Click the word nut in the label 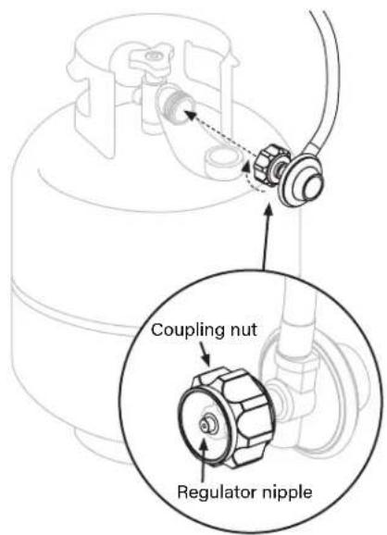tap(244, 330)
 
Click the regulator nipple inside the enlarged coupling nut tap(206, 424)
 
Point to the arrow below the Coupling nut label tap(206, 355)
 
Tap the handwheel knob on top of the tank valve tap(149, 57)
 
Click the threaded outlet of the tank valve tap(178, 106)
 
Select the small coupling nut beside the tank tap(269, 165)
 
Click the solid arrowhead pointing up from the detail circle tap(268, 209)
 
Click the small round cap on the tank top tap(222, 158)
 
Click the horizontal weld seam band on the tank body tap(69, 304)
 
